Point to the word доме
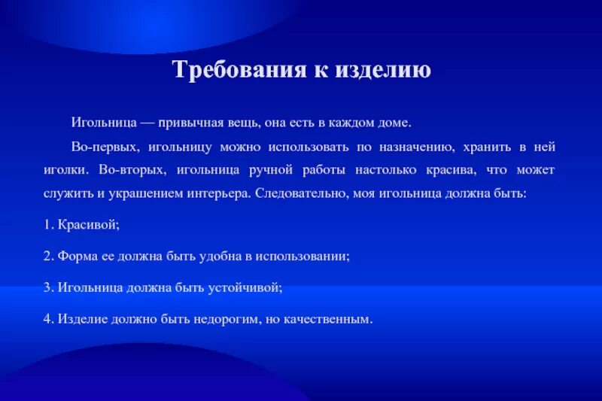pos(394,121)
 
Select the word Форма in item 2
pos(74,256)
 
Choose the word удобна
pos(220,256)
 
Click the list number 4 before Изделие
pos(47,318)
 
